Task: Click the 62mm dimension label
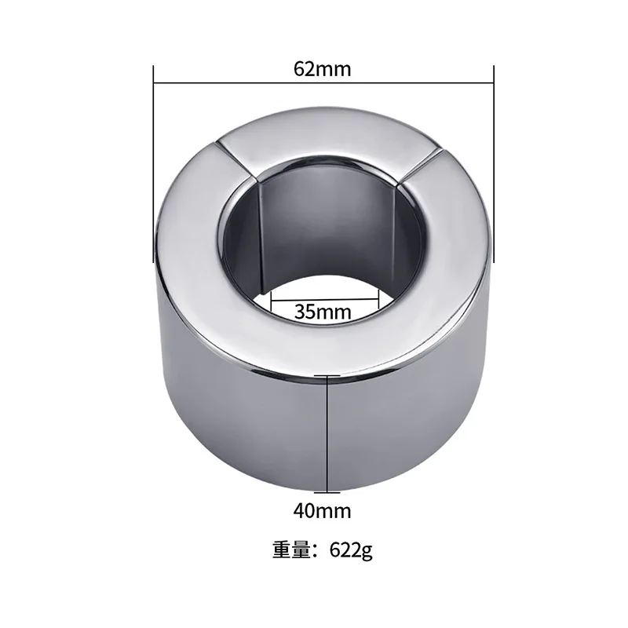[x=322, y=68]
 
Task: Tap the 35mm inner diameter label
[x=323, y=311]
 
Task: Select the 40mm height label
[x=322, y=511]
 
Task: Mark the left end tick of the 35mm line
[x=270, y=297]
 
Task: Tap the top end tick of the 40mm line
[x=327, y=377]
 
